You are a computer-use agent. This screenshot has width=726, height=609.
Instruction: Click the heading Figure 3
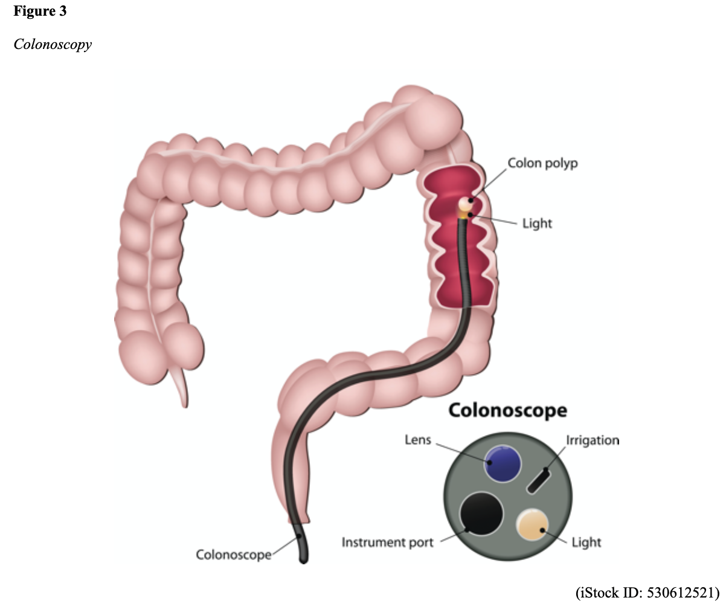pyautogui.click(x=40, y=11)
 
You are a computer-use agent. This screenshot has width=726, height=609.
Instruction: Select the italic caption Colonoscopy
pyautogui.click(x=53, y=45)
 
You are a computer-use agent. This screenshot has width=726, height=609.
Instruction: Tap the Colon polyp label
pyautogui.click(x=542, y=163)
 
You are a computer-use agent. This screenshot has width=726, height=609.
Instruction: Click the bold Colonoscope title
pyautogui.click(x=507, y=411)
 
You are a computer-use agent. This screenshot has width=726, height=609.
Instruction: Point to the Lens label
pyautogui.click(x=418, y=440)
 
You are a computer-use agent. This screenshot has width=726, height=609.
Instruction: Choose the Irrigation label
pyautogui.click(x=592, y=440)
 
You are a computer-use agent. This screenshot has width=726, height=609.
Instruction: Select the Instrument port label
pyautogui.click(x=387, y=543)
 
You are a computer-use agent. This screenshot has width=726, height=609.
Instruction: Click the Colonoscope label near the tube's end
pyautogui.click(x=233, y=555)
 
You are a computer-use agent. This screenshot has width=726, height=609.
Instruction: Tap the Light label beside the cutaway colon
pyautogui.click(x=537, y=224)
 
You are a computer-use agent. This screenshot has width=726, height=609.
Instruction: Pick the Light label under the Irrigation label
pyautogui.click(x=586, y=543)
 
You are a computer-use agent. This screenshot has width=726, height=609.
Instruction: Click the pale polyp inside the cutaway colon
pyautogui.click(x=465, y=203)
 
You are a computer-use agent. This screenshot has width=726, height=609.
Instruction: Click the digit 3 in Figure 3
pyautogui.click(x=63, y=11)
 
